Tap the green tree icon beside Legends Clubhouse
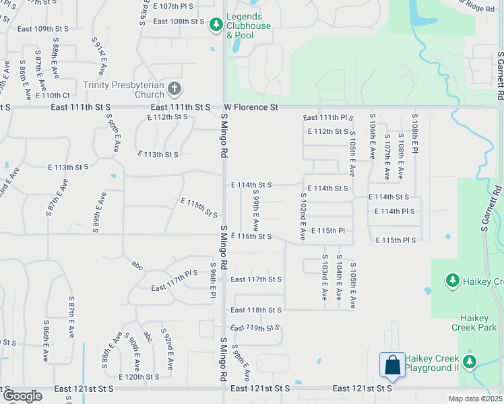(x=216, y=26)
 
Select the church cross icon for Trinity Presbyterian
(x=175, y=88)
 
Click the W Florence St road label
(x=251, y=107)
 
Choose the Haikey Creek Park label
(x=478, y=323)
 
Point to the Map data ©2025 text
(x=475, y=399)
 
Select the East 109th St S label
(x=44, y=29)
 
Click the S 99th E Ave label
(x=256, y=211)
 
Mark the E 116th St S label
(x=251, y=236)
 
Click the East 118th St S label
(x=255, y=310)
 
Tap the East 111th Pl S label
(x=328, y=117)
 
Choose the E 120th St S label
(x=141, y=377)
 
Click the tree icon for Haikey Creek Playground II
(x=470, y=362)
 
